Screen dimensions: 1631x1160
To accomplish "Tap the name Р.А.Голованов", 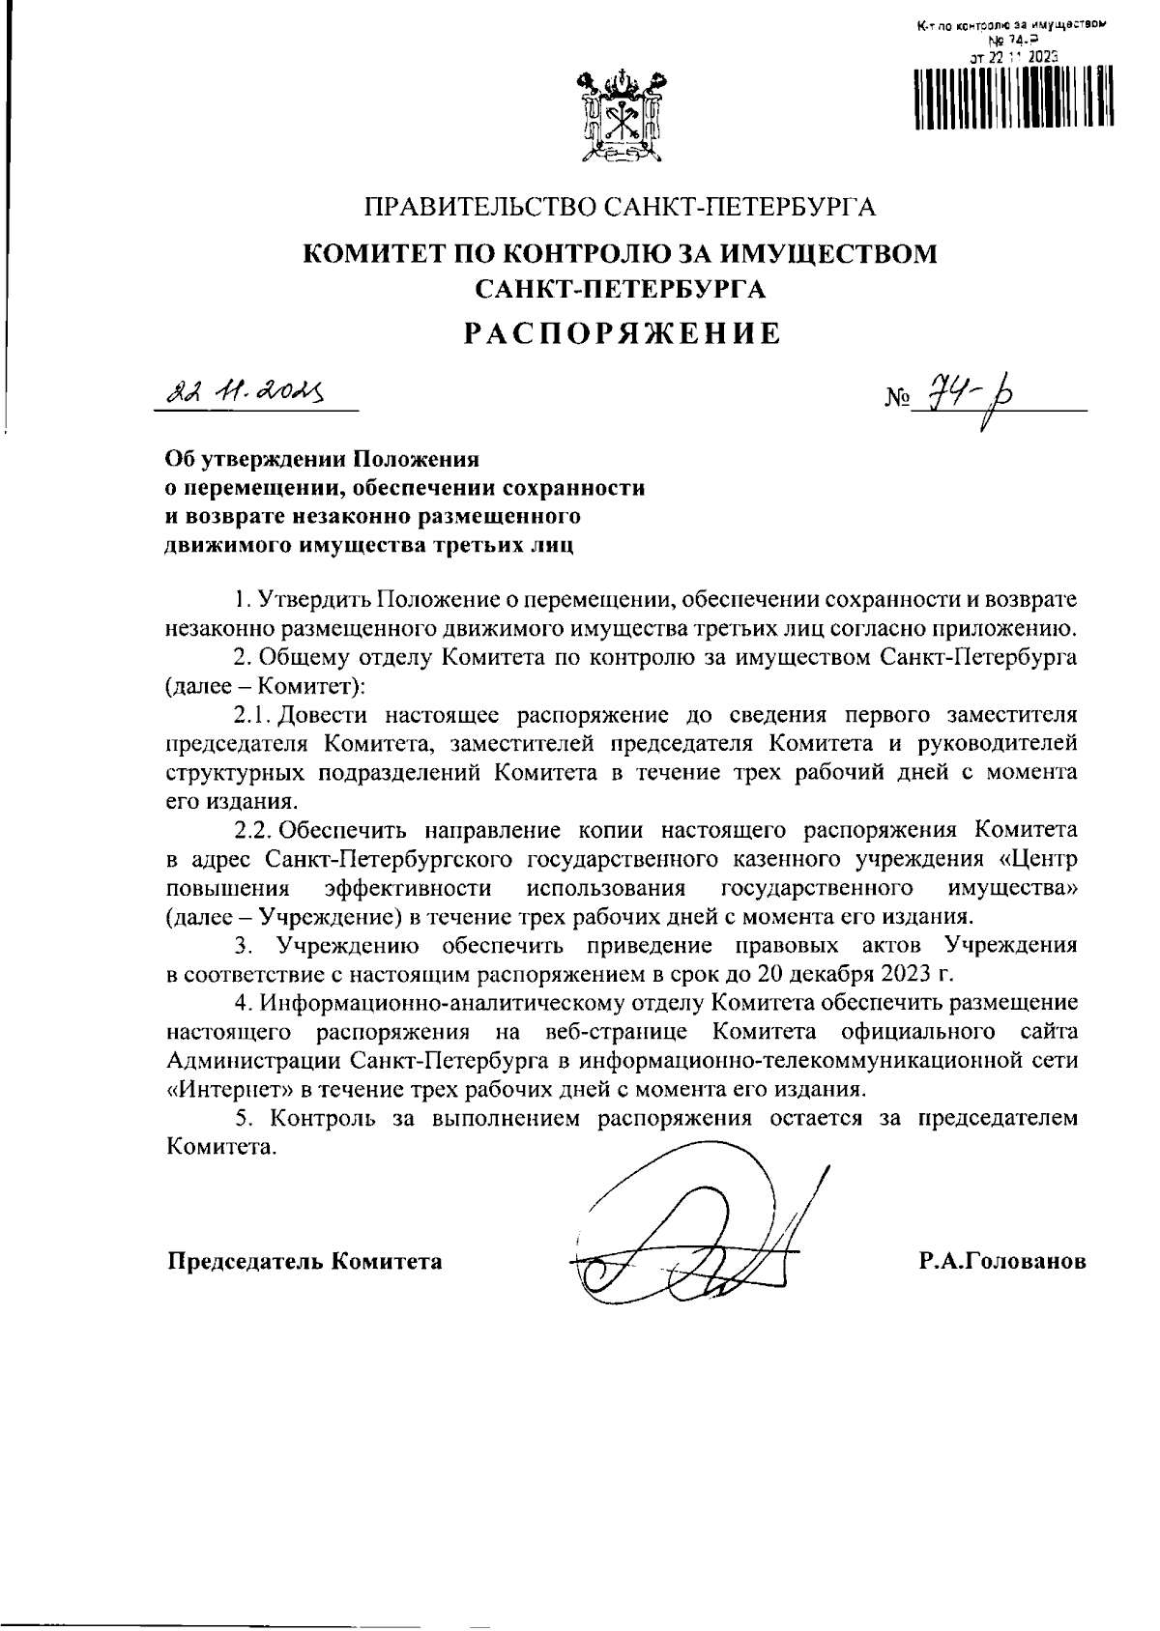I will coord(1002,1262).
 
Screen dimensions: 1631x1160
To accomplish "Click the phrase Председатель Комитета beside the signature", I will coord(305,1262).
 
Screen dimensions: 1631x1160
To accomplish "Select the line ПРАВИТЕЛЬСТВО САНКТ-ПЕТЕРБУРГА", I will coord(620,207).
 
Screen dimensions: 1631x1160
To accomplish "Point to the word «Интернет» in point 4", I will coord(227,1090).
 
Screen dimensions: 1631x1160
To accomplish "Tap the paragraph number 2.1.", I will coord(252,716).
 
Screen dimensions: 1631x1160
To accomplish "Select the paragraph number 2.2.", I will coord(255,831).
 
